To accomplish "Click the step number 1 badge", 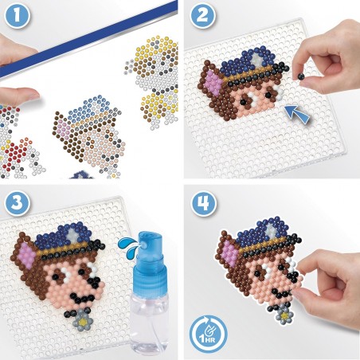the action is pyautogui.click(x=17, y=15).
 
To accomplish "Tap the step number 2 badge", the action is pyautogui.click(x=202, y=15).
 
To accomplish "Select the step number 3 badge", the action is pyautogui.click(x=17, y=202).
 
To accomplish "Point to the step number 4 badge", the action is pyautogui.click(x=204, y=204).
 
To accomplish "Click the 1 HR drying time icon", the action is pyautogui.click(x=208, y=334).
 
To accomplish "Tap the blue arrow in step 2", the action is pyautogui.click(x=297, y=114).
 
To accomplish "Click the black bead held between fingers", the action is pyautogui.click(x=301, y=76).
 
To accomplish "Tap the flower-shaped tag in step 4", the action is pyautogui.click(x=284, y=315).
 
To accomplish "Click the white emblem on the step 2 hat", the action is pyautogui.click(x=256, y=60).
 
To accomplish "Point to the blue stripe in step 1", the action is pyautogui.click(x=89, y=39).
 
